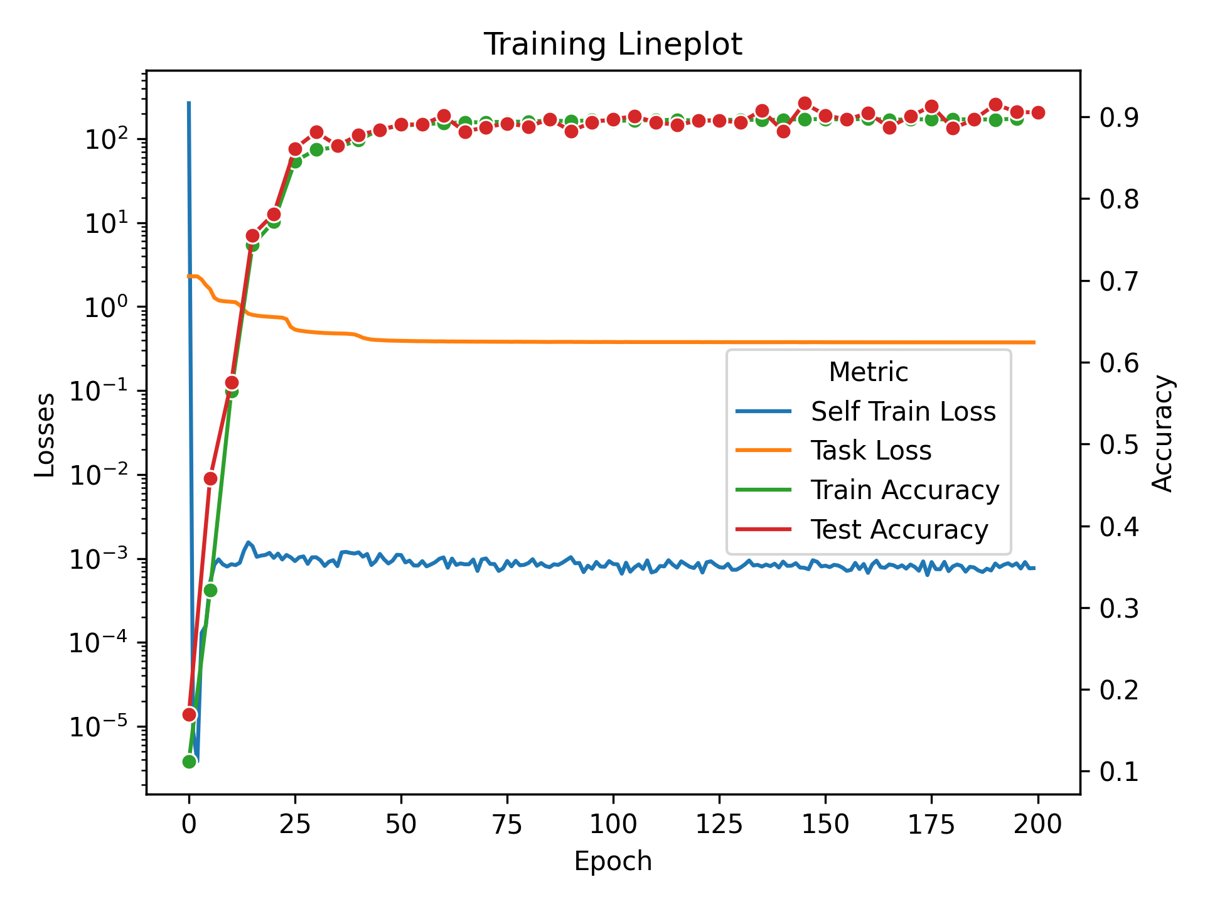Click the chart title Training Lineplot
613,45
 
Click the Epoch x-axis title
613,861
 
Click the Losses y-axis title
45,434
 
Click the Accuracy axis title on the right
1162,433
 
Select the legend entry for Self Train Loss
902,412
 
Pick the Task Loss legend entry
870,451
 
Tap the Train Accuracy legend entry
904,490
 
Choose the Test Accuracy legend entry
899,530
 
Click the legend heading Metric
868,372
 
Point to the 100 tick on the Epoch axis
613,824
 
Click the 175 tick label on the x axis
931,824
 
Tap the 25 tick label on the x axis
295,824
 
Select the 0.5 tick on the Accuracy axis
1118,444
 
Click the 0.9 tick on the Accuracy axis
1118,117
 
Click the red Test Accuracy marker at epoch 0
190,714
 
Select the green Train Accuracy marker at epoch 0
190,761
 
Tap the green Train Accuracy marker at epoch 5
210,590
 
